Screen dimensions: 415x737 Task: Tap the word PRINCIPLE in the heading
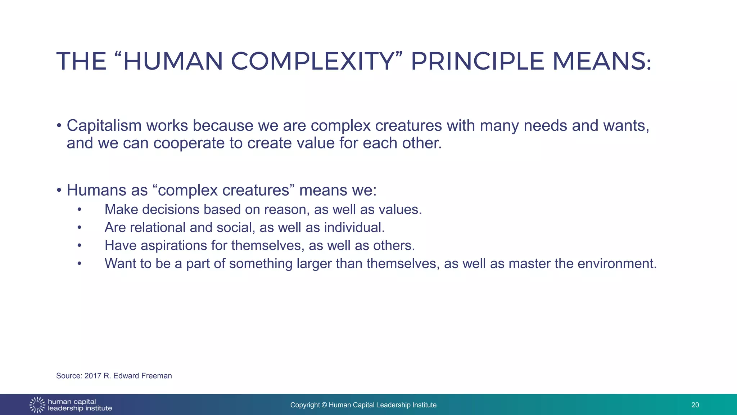[x=477, y=61]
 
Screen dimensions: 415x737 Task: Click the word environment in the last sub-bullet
[x=617, y=264]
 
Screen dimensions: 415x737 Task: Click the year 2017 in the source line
[x=93, y=376]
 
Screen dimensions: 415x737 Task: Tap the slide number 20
[x=695, y=405]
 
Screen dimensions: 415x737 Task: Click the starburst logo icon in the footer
[x=37, y=405]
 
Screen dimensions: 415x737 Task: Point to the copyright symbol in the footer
[x=324, y=405]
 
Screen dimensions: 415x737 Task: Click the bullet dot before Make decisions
[x=80, y=210]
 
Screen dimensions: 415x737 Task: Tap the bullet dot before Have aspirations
[x=80, y=246]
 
